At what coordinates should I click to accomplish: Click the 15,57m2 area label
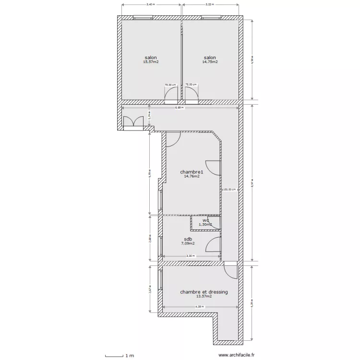coord(151,62)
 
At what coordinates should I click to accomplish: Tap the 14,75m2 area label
coord(210,62)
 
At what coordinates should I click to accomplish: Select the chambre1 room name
coord(192,172)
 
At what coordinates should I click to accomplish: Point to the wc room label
coord(205,220)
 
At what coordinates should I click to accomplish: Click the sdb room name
coord(188,239)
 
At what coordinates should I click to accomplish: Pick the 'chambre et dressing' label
coord(204,292)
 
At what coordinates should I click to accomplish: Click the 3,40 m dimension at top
coord(151,4)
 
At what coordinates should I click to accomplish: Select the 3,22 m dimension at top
coord(210,4)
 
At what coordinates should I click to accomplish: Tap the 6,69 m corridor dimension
coord(179,108)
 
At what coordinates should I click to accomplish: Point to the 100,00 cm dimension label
coord(229,190)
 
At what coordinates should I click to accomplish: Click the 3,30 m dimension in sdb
coord(191,256)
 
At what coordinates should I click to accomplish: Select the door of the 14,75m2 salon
coord(192,96)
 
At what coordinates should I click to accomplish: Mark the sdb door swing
coord(213,245)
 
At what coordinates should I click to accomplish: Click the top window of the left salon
coord(143,18)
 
